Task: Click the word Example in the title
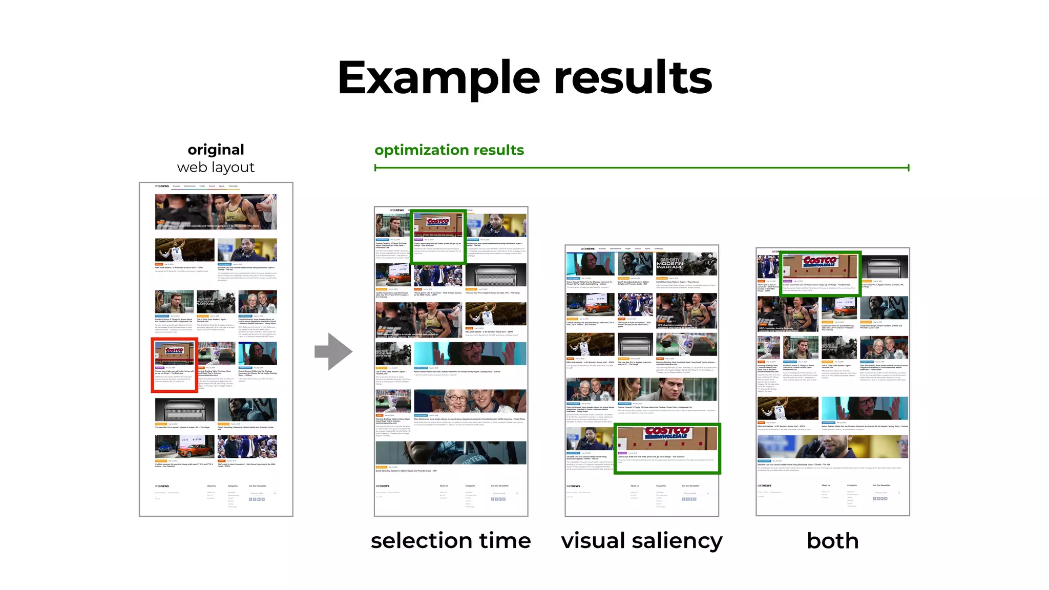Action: [x=438, y=78]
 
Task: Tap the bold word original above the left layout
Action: [x=216, y=150]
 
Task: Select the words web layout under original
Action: [x=216, y=167]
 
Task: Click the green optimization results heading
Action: [x=449, y=150]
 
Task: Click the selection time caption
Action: [x=451, y=541]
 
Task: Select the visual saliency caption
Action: [x=642, y=541]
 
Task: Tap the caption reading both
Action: [x=832, y=541]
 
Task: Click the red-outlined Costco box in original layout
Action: [x=175, y=365]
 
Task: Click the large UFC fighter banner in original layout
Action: [x=216, y=212]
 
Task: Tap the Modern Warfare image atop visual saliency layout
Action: [x=686, y=264]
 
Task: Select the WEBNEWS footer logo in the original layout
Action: [x=162, y=486]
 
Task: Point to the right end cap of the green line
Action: [x=908, y=167]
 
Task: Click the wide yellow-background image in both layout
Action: [x=832, y=447]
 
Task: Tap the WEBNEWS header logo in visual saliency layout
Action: [x=588, y=249]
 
